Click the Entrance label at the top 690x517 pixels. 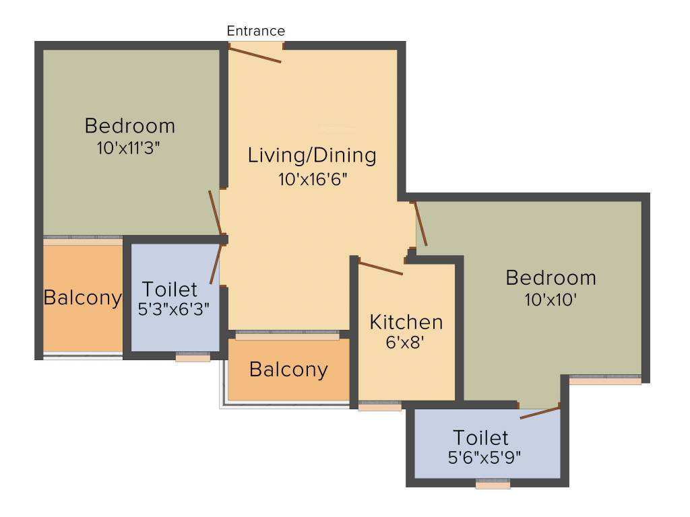pos(255,31)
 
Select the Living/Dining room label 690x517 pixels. pos(312,156)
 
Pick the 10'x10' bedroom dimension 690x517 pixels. pos(551,300)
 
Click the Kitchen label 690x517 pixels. pos(406,322)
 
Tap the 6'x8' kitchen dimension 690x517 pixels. pos(406,342)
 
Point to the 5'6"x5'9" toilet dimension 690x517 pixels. pos(484,456)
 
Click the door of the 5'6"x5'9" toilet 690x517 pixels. pos(540,412)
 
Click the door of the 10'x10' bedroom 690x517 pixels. pos(420,224)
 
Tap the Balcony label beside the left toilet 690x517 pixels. pos(82,298)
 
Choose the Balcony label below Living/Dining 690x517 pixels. pos(288,370)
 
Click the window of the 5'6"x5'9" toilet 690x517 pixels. pos(493,484)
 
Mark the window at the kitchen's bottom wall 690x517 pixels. pos(379,406)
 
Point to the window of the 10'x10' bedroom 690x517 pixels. pos(604,380)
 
